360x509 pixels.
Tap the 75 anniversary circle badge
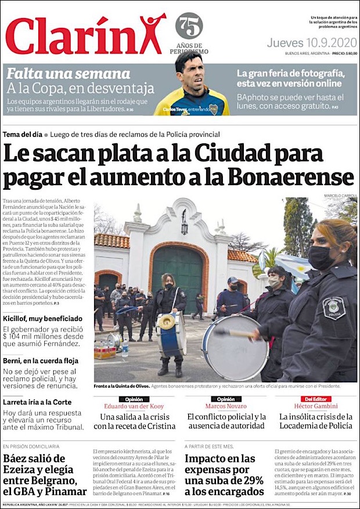(x=189, y=26)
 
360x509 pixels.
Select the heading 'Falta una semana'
(x=68, y=74)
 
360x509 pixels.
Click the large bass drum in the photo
(x=235, y=346)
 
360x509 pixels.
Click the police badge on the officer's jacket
(x=334, y=308)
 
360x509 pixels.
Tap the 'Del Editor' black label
(x=315, y=399)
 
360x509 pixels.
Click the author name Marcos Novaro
(x=226, y=406)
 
